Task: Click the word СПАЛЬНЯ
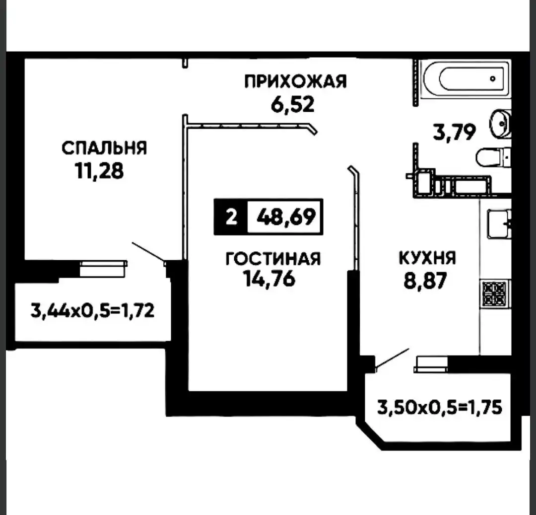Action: click(104, 148)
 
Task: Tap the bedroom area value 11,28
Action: click(99, 171)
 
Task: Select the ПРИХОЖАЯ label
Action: click(295, 81)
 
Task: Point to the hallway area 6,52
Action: click(293, 104)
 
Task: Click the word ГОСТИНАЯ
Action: click(273, 259)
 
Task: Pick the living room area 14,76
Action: click(269, 279)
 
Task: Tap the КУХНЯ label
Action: click(427, 258)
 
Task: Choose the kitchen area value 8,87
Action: click(425, 281)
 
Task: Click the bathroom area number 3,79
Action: click(454, 132)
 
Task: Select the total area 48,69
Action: click(286, 217)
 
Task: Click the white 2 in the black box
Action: click(231, 217)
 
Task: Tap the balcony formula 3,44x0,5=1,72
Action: click(93, 310)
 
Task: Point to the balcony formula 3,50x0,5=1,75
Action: click(440, 407)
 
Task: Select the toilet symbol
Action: click(494, 157)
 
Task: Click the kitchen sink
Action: click(499, 224)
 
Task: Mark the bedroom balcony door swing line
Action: click(149, 252)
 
